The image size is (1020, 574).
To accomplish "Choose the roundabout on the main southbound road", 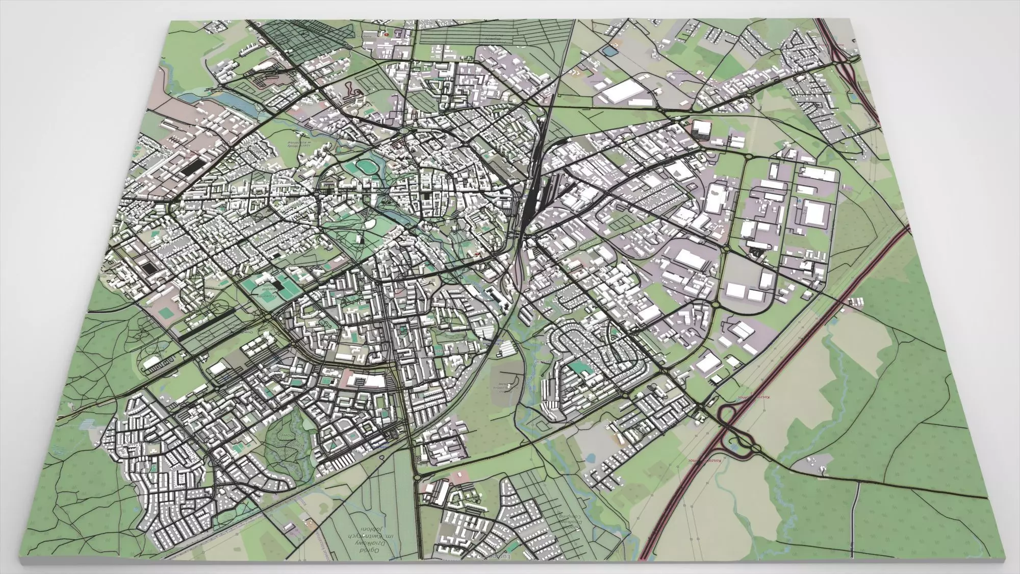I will point(417,477).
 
